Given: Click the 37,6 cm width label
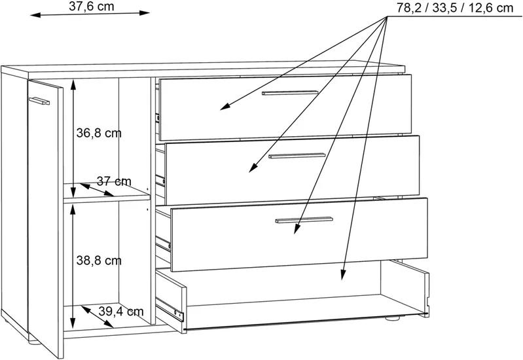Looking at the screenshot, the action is click(92, 7).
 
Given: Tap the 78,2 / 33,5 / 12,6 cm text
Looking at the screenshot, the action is click(455, 8).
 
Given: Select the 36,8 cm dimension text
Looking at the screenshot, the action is click(99, 133).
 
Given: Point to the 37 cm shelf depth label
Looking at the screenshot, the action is click(114, 181).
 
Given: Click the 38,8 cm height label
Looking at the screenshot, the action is click(99, 261).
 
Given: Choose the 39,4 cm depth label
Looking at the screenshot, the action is click(121, 312).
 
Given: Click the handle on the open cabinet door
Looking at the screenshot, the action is click(39, 101).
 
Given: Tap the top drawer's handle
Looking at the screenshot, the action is click(290, 93).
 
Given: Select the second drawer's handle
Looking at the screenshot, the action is click(297, 156).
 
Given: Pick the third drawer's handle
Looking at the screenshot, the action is click(304, 220).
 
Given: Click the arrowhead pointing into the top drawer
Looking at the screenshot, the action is click(225, 107).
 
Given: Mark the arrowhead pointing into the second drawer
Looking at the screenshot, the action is click(253, 168).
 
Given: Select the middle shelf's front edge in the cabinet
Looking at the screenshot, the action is click(107, 200).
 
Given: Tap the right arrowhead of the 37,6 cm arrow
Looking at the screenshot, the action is click(145, 13).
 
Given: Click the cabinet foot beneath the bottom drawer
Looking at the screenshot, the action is click(393, 319).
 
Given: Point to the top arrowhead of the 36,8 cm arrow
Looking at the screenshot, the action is click(74, 85).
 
